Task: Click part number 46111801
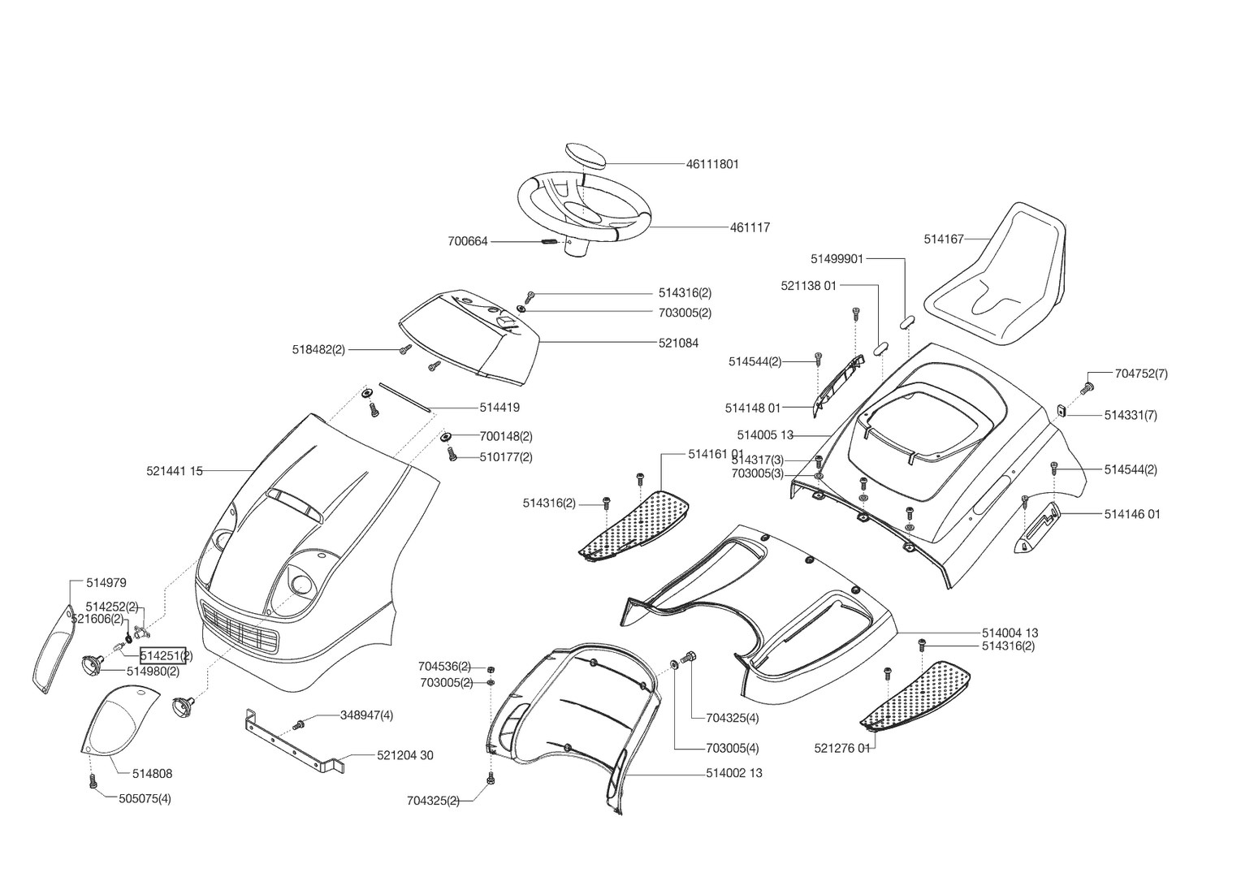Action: [x=712, y=164]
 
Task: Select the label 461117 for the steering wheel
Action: [x=750, y=228]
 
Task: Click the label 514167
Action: [x=943, y=240]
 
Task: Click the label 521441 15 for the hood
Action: [x=175, y=471]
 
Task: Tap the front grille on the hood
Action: [x=239, y=625]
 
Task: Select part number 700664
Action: [x=468, y=241]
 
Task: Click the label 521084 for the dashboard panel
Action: [x=678, y=343]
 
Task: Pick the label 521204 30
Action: [x=404, y=756]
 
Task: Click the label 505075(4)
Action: [x=145, y=799]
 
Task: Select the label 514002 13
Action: [x=733, y=774]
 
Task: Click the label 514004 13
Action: [x=1010, y=633]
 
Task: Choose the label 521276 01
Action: [x=841, y=749]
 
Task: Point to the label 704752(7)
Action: [x=1141, y=374]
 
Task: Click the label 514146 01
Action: [x=1131, y=515]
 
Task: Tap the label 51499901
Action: [x=837, y=259]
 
